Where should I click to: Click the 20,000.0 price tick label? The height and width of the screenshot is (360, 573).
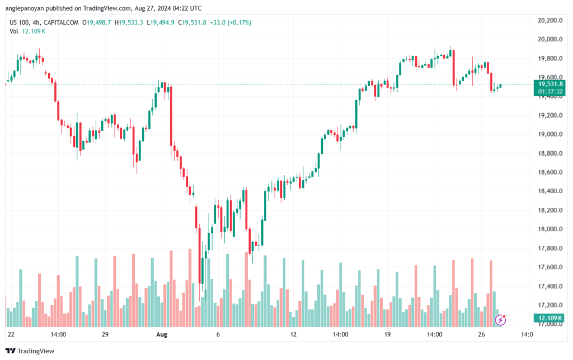pos(550,40)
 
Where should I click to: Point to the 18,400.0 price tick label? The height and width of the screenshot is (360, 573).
pos(550,191)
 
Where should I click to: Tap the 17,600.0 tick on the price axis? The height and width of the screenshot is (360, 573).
pos(550,267)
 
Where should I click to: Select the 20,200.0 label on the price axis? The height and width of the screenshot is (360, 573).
pos(550,21)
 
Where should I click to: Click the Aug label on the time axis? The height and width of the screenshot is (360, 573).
pos(162,334)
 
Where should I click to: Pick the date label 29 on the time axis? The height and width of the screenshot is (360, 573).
pos(105,334)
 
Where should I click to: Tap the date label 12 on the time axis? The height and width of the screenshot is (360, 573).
pos(293,334)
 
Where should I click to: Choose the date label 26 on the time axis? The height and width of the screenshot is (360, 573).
pos(482,334)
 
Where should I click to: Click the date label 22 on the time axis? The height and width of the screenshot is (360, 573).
pos(11,334)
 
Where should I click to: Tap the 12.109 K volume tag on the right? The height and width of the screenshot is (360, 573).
pos(549,318)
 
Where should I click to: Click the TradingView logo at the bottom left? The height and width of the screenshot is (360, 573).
pos(30,351)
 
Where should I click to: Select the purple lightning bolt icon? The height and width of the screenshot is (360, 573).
pos(500,320)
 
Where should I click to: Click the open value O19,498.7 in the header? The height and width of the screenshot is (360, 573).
pos(96,22)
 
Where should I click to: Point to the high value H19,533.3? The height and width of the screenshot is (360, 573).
pos(129,22)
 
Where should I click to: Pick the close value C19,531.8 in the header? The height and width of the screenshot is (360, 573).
pos(192,22)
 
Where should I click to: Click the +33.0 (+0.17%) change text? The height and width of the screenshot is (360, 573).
pos(231,22)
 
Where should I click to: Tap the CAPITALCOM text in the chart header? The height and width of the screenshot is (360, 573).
pos(61,22)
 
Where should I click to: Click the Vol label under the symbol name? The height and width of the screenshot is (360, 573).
pos(14,31)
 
